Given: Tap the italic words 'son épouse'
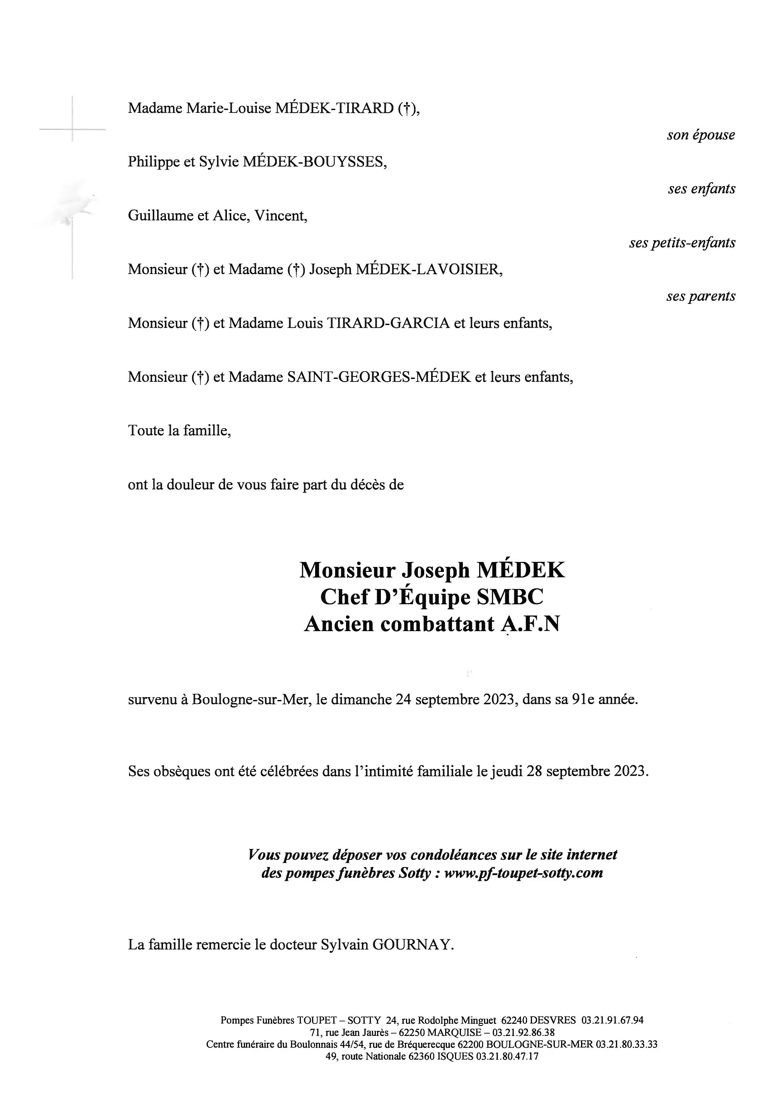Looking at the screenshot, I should tap(701, 135).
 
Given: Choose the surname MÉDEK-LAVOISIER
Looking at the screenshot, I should tap(428, 270).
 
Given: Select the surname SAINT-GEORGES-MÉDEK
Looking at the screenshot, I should tap(379, 377).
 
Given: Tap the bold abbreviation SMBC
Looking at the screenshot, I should tap(510, 597).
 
